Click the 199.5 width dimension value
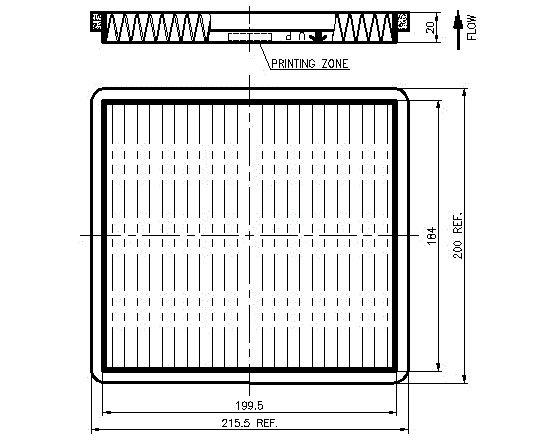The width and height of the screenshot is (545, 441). coord(249,405)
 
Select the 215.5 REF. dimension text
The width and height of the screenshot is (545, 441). coord(250,423)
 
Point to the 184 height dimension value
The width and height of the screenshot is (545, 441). coord(431,235)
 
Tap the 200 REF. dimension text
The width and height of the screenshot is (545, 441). coord(458,235)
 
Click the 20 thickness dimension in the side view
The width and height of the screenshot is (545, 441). coord(430,27)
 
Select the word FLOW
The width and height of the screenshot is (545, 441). coord(472,27)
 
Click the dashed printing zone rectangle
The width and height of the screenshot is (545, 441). coord(250,37)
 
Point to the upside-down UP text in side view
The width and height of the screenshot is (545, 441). coord(296,36)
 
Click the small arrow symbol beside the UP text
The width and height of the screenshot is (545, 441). coord(317,37)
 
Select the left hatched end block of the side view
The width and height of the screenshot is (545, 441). coord(96,22)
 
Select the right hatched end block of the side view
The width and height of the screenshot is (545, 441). coord(403,22)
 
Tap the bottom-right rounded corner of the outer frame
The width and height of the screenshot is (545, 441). coord(405,379)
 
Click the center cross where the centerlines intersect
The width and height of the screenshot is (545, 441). coord(249,235)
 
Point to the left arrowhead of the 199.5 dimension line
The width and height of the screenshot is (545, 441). coord(107,413)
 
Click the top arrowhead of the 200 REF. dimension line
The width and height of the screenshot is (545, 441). coord(464,92)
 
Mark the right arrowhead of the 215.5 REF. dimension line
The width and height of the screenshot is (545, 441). coord(405,430)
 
